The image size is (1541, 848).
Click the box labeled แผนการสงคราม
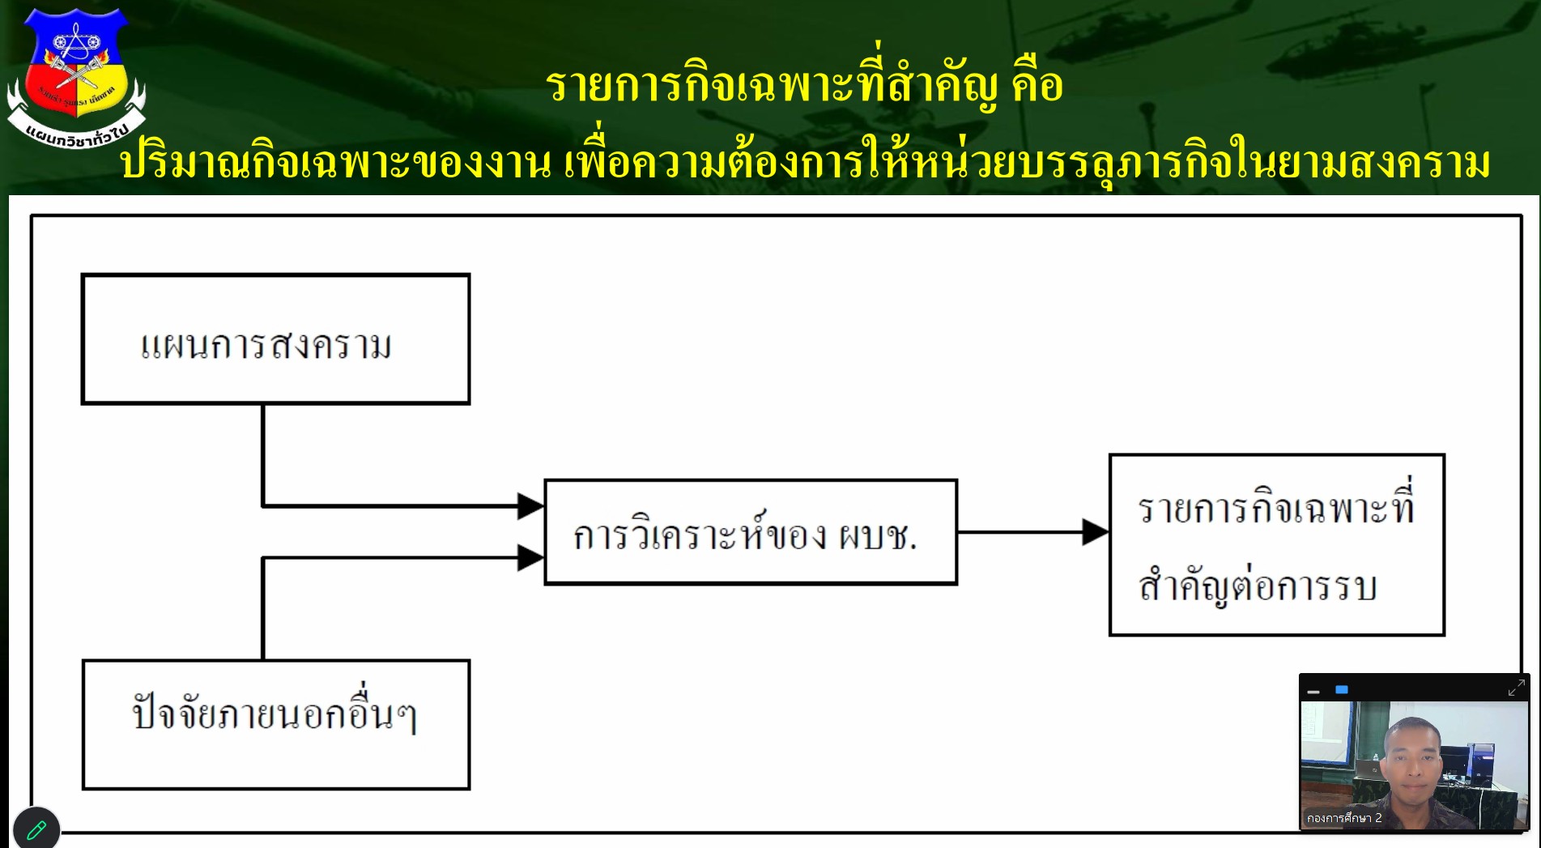click(x=275, y=339)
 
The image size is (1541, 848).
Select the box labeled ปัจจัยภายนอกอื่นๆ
click(x=275, y=724)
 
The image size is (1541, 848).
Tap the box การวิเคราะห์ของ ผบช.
click(x=750, y=532)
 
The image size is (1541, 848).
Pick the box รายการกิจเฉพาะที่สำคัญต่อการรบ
click(x=1276, y=545)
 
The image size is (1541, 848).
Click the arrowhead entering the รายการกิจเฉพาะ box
click(x=1096, y=532)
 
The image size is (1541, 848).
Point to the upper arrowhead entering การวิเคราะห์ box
click(x=530, y=506)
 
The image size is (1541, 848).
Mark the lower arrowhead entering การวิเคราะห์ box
click(x=530, y=557)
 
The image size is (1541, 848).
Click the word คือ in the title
click(x=1037, y=85)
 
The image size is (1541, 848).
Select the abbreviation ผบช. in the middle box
click(x=878, y=536)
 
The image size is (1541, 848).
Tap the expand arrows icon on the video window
click(x=1516, y=688)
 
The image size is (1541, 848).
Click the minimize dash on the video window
click(x=1313, y=692)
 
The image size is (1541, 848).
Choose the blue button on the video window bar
click(x=1342, y=690)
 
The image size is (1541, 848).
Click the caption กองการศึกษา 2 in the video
click(x=1344, y=818)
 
